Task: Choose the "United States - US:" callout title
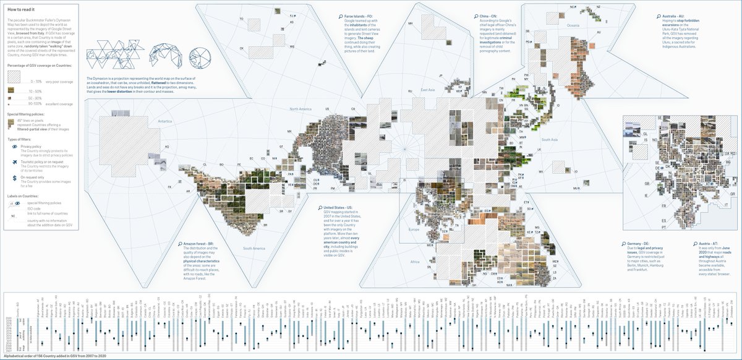(336, 208)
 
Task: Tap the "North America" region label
(304, 109)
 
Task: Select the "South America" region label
(254, 248)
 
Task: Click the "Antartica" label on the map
(165, 122)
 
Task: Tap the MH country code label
(409, 24)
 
